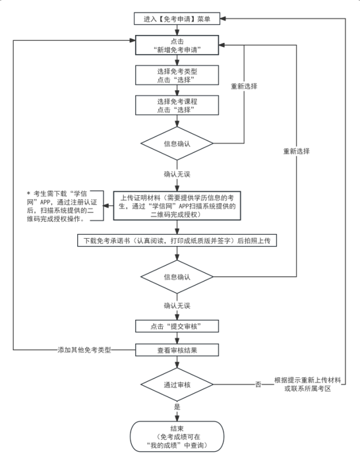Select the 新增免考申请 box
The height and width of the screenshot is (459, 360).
click(x=176, y=45)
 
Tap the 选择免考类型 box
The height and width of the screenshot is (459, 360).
click(x=176, y=75)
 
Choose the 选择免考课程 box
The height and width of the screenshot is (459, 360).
click(x=176, y=106)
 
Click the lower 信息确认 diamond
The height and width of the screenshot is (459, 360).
click(x=176, y=278)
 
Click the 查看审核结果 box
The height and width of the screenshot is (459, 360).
click(x=176, y=350)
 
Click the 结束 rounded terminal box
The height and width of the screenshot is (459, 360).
click(x=176, y=436)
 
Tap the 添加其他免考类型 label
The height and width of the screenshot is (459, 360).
click(x=84, y=350)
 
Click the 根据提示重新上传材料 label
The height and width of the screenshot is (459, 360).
click(x=307, y=384)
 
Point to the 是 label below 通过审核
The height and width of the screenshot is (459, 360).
click(x=176, y=408)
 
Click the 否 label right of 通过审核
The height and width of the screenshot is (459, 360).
click(x=258, y=384)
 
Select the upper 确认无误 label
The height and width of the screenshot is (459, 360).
click(x=176, y=175)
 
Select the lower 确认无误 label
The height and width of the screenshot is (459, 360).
click(x=176, y=306)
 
